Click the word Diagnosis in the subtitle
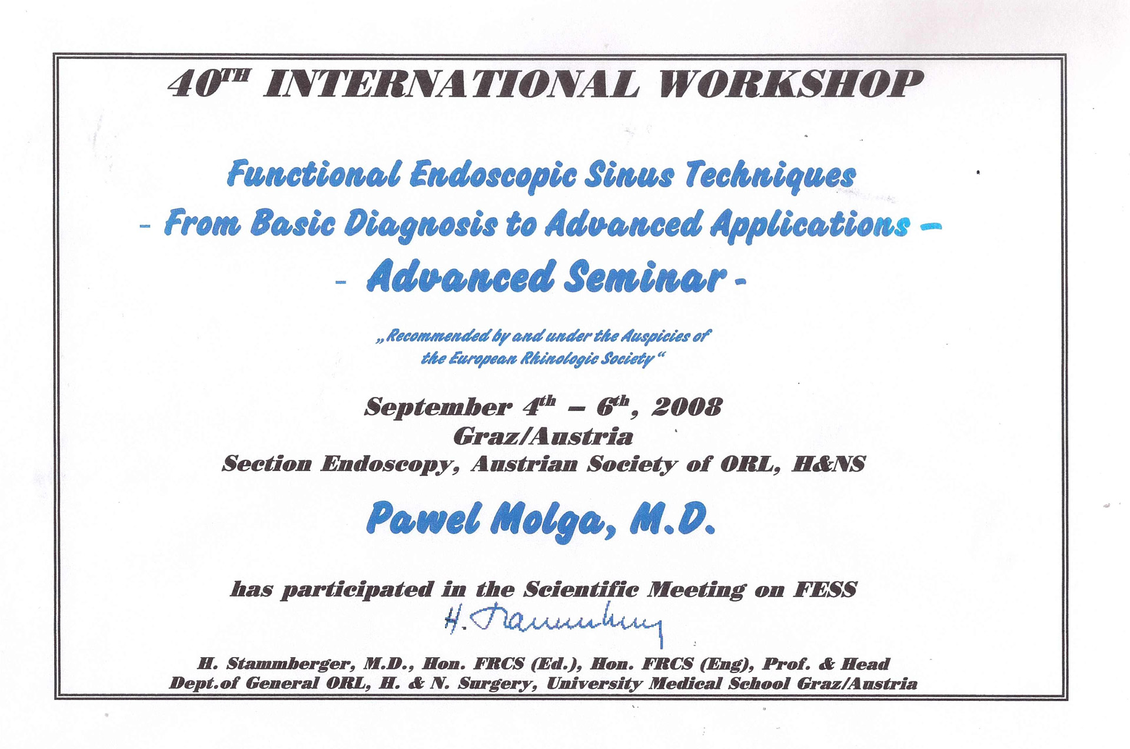421,225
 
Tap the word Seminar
645,277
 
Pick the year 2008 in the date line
687,406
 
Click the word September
438,407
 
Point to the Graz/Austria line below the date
543,437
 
